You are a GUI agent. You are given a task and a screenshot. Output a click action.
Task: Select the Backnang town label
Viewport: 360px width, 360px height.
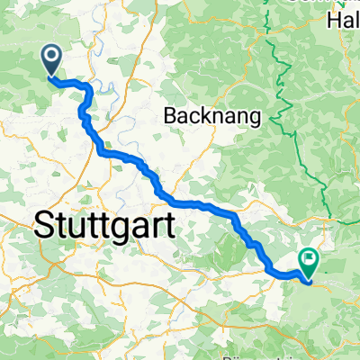click(211, 114)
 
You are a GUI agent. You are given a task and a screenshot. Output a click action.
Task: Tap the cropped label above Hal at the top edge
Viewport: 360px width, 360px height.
click(324, 3)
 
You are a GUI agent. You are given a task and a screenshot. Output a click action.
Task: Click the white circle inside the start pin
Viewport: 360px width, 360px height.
click(51, 58)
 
